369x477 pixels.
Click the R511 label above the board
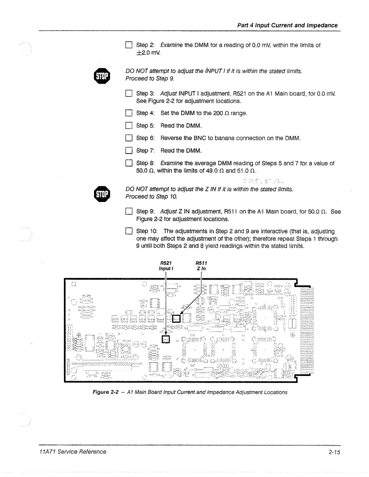point(201,263)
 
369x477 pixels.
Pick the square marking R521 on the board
point(166,338)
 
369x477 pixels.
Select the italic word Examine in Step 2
point(172,45)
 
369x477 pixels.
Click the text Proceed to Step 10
point(151,196)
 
